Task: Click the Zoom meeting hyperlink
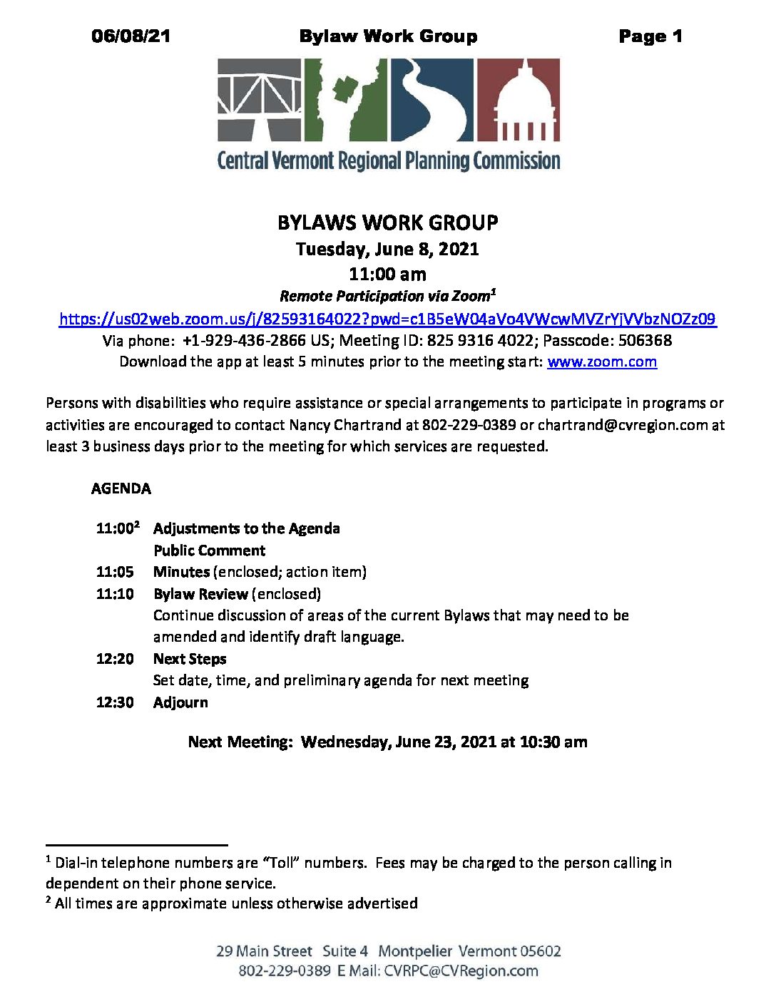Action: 387,319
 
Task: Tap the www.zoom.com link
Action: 602,362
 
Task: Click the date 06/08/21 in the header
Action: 131,36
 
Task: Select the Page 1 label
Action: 650,36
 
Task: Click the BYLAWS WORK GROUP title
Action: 387,222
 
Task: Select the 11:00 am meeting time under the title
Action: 387,274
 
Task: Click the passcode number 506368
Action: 645,340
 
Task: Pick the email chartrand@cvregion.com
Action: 623,425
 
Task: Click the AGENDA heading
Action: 121,489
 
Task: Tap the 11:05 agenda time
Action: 115,572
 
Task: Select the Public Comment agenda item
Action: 210,550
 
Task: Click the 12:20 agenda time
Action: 115,659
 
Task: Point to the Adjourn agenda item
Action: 180,702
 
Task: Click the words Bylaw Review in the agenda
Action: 200,594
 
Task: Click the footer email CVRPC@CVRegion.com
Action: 461,970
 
